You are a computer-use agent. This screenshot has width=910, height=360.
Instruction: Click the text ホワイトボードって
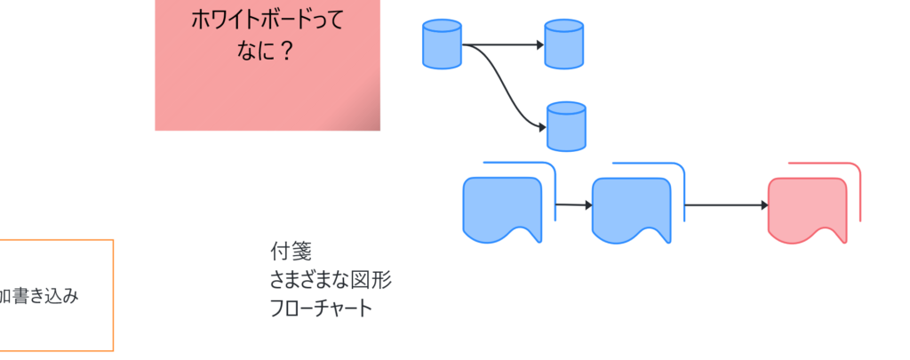pos(267,19)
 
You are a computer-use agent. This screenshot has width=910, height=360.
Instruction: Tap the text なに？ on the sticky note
pos(266,51)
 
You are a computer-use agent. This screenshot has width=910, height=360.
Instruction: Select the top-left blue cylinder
pos(442,44)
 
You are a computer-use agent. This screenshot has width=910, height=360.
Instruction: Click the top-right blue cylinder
pos(563,45)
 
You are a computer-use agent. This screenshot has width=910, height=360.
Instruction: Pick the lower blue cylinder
pos(566,126)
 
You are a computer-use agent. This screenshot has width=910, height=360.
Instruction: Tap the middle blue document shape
pos(631,210)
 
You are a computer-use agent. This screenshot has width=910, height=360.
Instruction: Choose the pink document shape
pos(807,210)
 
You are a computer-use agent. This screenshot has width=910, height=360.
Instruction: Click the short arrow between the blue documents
pos(572,205)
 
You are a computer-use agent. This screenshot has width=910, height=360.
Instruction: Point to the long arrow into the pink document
pos(724,205)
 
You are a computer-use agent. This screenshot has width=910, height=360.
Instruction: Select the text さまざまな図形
pos(330,280)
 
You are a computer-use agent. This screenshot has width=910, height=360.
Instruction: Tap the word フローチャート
pos(321,308)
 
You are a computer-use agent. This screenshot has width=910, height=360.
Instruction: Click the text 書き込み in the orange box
pos(44,296)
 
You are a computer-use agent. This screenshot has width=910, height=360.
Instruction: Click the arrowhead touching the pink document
pos(763,205)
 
